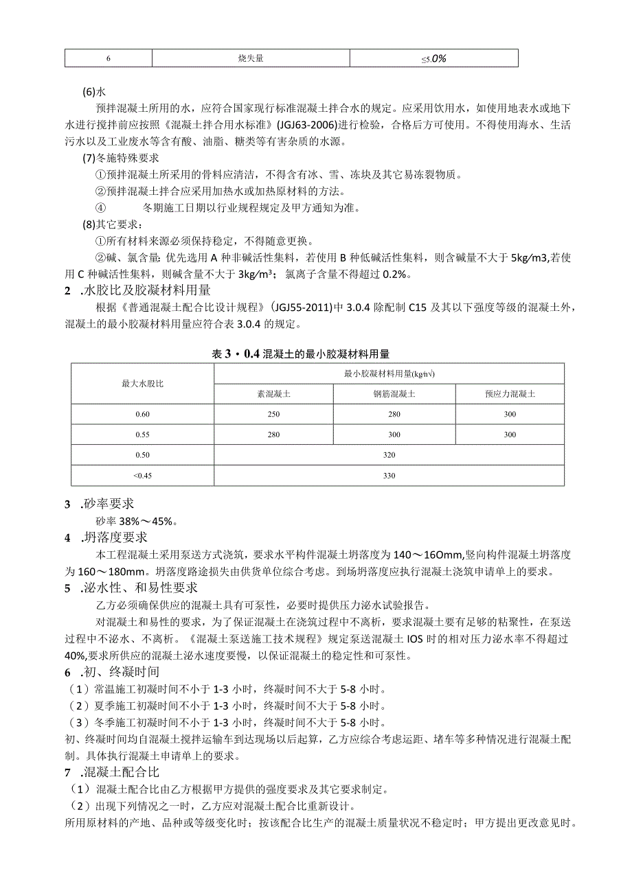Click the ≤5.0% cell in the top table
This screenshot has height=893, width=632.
pyautogui.click(x=433, y=58)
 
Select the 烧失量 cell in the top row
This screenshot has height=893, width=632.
pyautogui.click(x=251, y=58)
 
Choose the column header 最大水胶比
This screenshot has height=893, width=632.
pyautogui.click(x=142, y=384)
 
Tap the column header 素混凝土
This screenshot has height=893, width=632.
pyautogui.click(x=273, y=394)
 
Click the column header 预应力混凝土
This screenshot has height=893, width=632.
pyautogui.click(x=510, y=394)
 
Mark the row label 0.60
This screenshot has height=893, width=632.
pyautogui.click(x=142, y=414)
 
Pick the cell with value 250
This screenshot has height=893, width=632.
pyautogui.click(x=273, y=414)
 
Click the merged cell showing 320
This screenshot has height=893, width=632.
pyautogui.click(x=389, y=454)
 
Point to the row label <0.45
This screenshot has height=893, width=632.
pyautogui.click(x=142, y=475)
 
